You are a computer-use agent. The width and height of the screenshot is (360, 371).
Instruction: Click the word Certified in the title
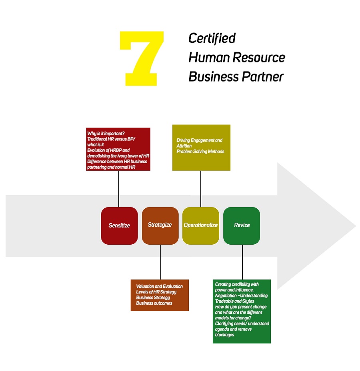212,38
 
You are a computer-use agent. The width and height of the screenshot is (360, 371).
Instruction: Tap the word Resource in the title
260,58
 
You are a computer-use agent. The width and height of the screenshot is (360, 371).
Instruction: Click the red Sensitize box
119,225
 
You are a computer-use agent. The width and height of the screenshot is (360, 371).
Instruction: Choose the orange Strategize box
160,225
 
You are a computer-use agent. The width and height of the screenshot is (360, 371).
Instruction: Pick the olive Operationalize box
201,225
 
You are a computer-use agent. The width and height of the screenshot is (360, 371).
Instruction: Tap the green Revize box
242,225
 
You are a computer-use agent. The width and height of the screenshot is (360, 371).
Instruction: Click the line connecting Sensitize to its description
119,189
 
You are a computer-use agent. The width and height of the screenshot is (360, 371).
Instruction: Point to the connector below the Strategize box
160,262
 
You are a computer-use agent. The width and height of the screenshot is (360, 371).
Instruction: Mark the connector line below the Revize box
242,262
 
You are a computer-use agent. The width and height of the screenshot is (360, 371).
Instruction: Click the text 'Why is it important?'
106,133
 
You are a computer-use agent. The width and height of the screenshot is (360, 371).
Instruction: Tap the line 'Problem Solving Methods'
200,152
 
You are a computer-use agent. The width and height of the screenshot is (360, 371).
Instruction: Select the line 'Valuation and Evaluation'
159,286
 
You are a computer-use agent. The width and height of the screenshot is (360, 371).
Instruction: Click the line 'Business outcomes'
154,303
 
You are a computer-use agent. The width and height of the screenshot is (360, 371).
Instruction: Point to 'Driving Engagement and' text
199,140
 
